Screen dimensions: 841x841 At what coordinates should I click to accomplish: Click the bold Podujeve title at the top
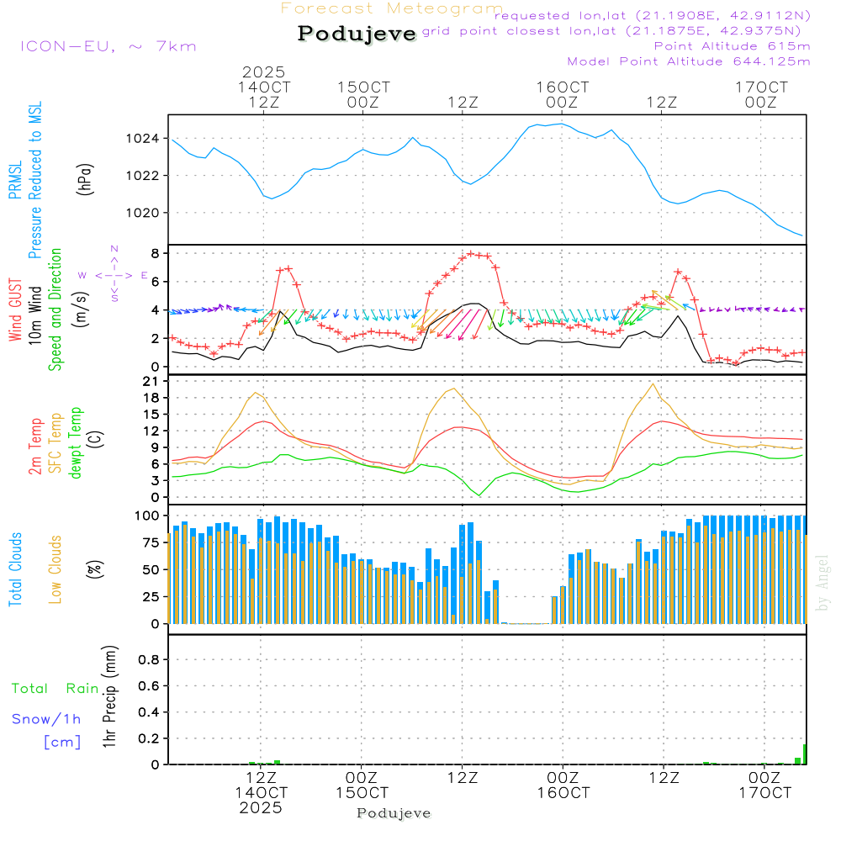click(357, 34)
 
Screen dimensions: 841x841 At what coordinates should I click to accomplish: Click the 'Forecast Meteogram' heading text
click(392, 8)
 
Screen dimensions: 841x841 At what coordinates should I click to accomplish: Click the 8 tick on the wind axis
click(155, 253)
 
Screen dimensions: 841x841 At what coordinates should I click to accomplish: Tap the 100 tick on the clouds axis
click(148, 515)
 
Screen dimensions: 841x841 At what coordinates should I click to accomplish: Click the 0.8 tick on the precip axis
click(149, 660)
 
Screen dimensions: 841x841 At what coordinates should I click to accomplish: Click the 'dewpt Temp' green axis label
click(76, 443)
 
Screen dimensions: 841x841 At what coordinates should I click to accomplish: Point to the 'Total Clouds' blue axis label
click(15, 569)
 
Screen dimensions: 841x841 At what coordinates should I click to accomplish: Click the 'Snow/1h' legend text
click(46, 719)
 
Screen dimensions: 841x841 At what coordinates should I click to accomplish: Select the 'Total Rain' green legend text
click(56, 688)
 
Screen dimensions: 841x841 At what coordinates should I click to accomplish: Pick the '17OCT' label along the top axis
click(762, 87)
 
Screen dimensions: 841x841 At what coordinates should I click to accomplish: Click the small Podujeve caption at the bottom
click(394, 813)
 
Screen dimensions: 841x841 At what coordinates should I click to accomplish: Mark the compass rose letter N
click(114, 249)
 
